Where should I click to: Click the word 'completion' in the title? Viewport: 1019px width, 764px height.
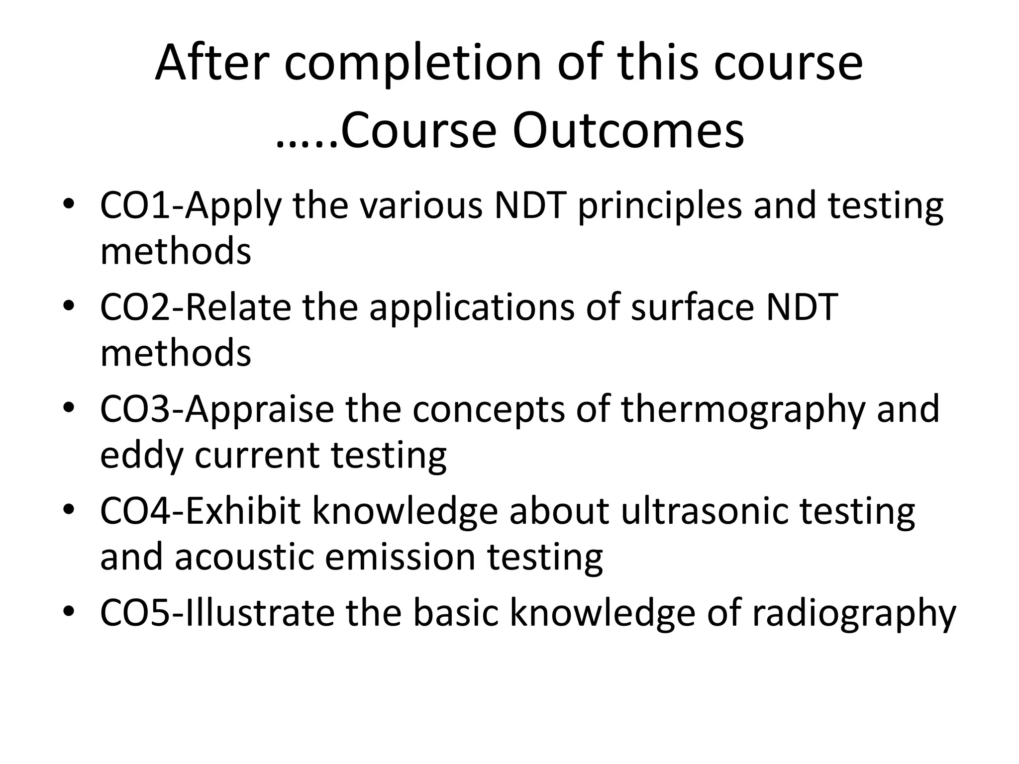pos(412,64)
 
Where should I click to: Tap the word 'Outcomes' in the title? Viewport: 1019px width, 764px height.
pos(628,131)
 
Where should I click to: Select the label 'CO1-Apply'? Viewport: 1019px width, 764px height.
pos(191,206)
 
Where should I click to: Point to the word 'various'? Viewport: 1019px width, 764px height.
pos(421,205)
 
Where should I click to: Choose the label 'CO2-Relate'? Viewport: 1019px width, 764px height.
pos(196,307)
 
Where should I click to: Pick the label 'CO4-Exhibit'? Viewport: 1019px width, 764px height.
pos(201,511)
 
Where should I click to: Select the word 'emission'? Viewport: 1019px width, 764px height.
pos(401,557)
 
